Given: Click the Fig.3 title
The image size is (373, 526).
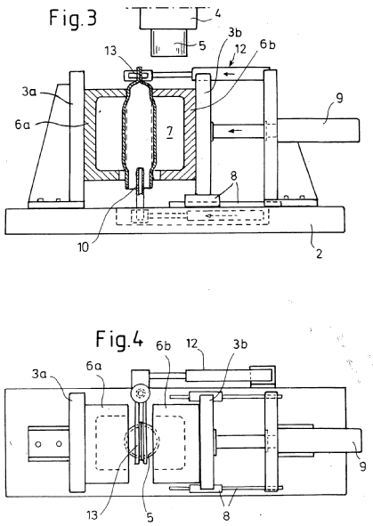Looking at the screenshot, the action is [73, 19].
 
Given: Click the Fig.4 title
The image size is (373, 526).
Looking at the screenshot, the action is [119, 339].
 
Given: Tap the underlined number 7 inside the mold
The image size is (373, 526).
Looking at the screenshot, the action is [170, 132].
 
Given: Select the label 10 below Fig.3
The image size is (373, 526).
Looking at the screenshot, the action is [83, 247].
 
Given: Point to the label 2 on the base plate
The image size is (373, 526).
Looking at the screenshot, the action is [319, 254].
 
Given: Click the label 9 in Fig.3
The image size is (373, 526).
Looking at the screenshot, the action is [339, 99].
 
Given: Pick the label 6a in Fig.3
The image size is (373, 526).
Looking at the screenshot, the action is [22, 125].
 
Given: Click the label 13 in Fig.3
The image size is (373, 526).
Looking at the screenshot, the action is [110, 51].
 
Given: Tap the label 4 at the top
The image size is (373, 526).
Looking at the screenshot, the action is [217, 13].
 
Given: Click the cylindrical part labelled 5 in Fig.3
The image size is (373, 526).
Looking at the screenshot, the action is [169, 43].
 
